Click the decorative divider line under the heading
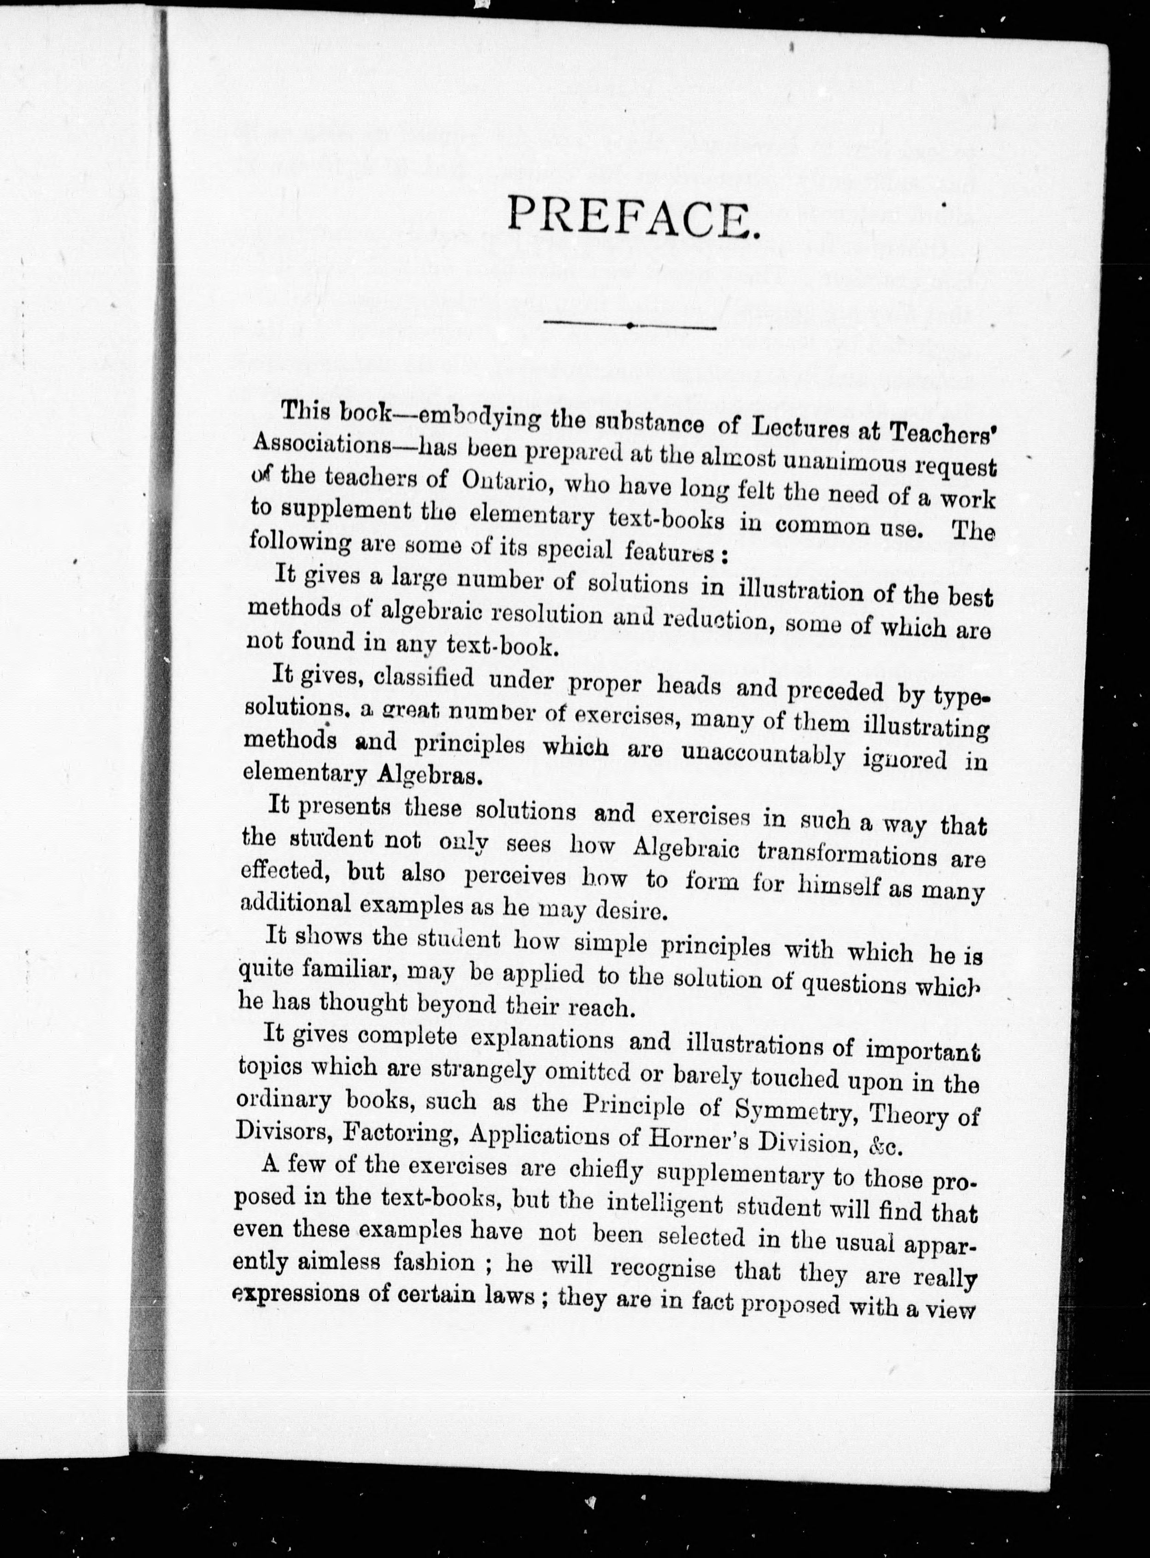click(x=630, y=325)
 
